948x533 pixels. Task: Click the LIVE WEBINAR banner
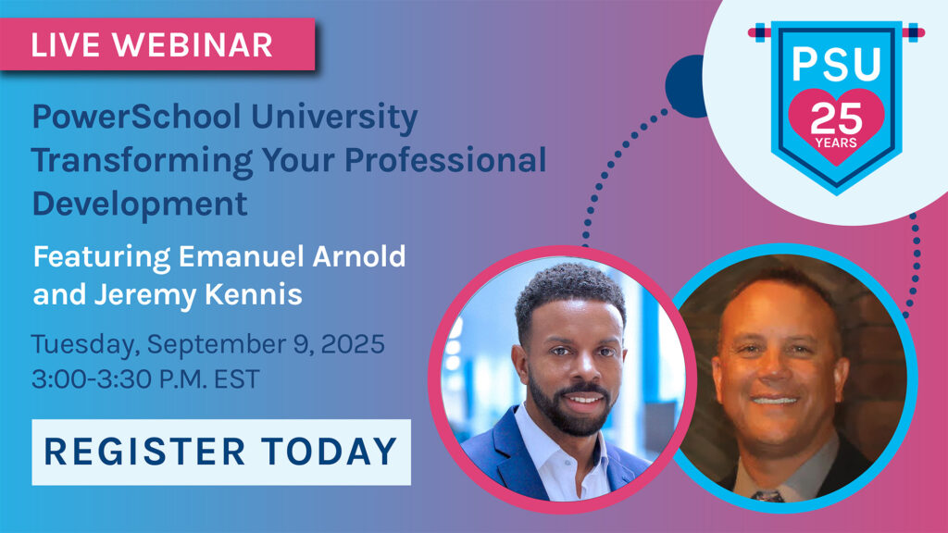(x=157, y=44)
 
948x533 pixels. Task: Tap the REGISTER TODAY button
(x=220, y=452)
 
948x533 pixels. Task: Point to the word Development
(x=140, y=203)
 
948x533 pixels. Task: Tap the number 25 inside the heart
(x=837, y=118)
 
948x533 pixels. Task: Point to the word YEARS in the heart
(x=837, y=143)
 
